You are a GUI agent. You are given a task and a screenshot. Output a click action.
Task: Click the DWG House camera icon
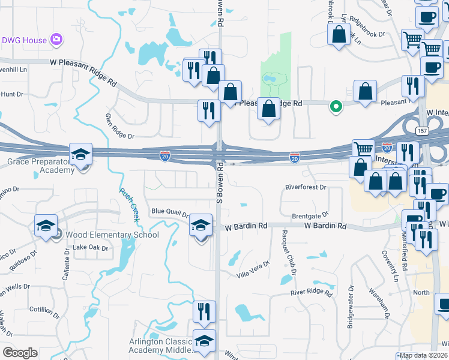tap(56, 40)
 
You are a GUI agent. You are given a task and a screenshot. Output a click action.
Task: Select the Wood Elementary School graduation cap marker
tap(45, 227)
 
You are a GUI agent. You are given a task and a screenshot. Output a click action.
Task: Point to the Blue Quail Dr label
tap(170, 211)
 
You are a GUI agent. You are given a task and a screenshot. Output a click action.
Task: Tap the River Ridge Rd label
tap(311, 293)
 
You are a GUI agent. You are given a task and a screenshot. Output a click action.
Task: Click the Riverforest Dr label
tap(306, 187)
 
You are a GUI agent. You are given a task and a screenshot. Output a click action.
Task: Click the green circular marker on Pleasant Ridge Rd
tap(336, 107)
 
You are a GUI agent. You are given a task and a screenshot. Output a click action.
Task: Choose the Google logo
tap(20, 353)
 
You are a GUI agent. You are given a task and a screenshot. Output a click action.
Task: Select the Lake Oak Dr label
tap(90, 248)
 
